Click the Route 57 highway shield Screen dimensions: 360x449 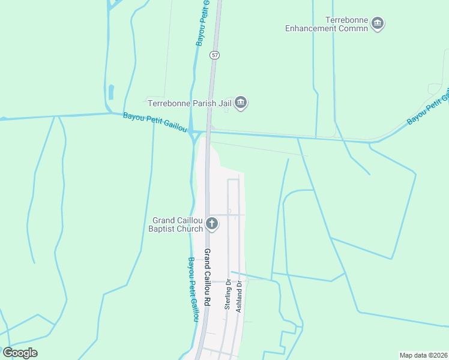coord(215,55)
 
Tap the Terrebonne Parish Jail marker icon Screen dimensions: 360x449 coord(241,103)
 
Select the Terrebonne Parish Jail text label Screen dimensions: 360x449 coord(190,103)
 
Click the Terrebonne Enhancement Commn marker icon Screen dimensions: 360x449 coord(378,23)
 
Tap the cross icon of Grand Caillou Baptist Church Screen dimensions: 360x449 coord(211,224)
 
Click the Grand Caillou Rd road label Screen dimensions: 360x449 coord(207,278)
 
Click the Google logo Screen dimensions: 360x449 coord(20,353)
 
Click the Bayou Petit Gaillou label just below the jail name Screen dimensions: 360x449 coord(155,123)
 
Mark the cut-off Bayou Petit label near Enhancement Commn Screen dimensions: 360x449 coord(428,107)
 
